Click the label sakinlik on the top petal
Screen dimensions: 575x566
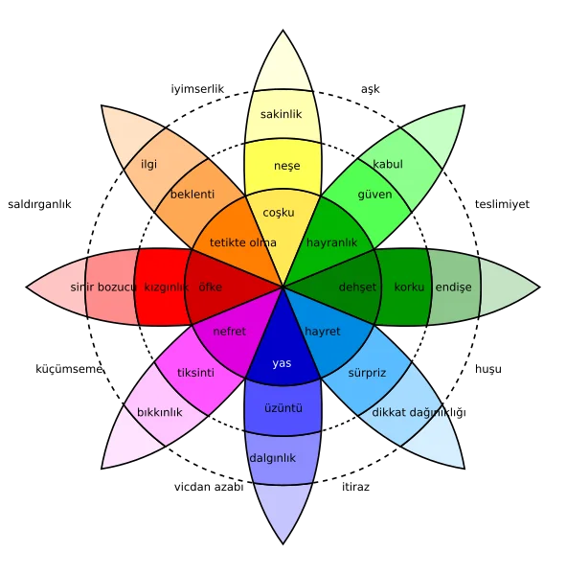[281, 115]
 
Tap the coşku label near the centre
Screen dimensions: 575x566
[279, 213]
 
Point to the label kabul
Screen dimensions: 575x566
[387, 164]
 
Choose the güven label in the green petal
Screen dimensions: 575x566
[374, 195]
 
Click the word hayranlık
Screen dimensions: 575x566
[331, 242]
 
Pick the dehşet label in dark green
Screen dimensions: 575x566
[358, 287]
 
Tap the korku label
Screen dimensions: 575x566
[409, 287]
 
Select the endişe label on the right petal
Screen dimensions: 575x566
[453, 287]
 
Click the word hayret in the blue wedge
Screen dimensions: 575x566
[323, 331]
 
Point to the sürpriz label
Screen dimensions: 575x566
[367, 372]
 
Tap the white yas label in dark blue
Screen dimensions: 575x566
[282, 363]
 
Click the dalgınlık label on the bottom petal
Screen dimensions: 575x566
[272, 458]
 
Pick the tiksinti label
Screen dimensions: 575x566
[195, 372]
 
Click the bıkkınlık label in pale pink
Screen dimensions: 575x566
[160, 412]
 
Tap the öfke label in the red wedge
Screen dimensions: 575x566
[210, 287]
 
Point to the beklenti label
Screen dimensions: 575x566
[192, 195]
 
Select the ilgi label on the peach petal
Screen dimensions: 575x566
[148, 164]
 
